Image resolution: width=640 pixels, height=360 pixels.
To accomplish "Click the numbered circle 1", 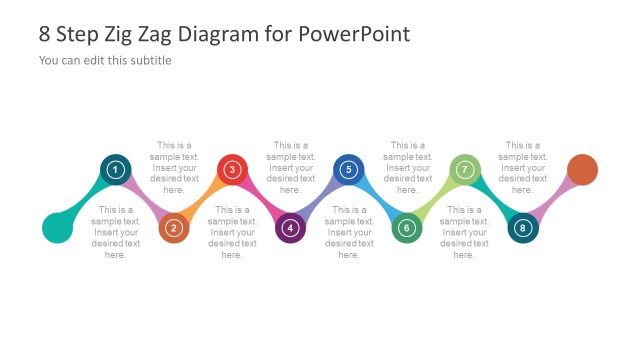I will click(x=116, y=170).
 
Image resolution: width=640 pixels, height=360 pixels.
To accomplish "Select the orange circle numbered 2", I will click(x=174, y=228).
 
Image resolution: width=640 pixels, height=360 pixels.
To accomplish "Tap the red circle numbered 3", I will click(x=232, y=170).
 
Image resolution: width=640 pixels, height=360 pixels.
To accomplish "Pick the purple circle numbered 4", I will click(x=290, y=228).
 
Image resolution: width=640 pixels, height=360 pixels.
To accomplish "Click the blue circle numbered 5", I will click(x=348, y=170).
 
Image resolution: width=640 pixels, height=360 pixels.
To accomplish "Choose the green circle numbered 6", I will click(x=406, y=228).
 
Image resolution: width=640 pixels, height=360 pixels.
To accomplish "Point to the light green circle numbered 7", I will click(x=464, y=170).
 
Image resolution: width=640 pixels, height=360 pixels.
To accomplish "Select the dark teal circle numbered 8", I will click(x=522, y=228).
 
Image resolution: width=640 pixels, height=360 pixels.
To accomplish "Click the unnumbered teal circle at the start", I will click(x=58, y=228).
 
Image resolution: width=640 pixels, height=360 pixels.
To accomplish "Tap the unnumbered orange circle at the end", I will click(x=582, y=170).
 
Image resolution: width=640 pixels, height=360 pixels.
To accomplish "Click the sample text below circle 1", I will click(x=116, y=232).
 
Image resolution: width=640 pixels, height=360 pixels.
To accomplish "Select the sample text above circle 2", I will click(x=174, y=166).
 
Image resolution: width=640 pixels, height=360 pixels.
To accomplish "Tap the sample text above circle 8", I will click(x=522, y=166).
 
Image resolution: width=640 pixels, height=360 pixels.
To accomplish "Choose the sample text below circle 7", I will click(x=464, y=232).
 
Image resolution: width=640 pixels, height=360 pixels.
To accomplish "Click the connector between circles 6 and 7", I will click(x=435, y=200).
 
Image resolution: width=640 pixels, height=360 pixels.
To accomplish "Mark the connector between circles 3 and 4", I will click(x=261, y=200).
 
